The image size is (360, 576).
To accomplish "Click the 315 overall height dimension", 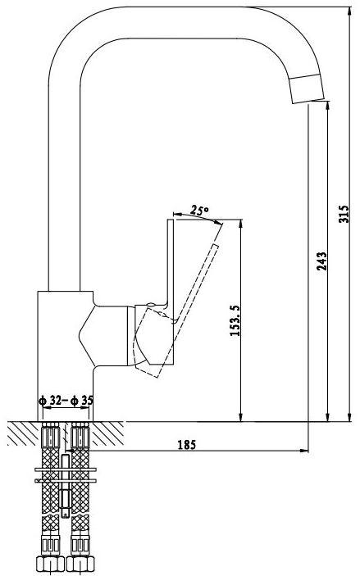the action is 343,214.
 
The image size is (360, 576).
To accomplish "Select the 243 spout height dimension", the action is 321,261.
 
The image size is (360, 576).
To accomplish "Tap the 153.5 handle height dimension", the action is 235,320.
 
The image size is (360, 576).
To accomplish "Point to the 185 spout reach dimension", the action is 187,445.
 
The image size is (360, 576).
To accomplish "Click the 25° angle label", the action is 199,211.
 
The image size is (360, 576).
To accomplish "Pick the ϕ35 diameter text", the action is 82,401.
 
